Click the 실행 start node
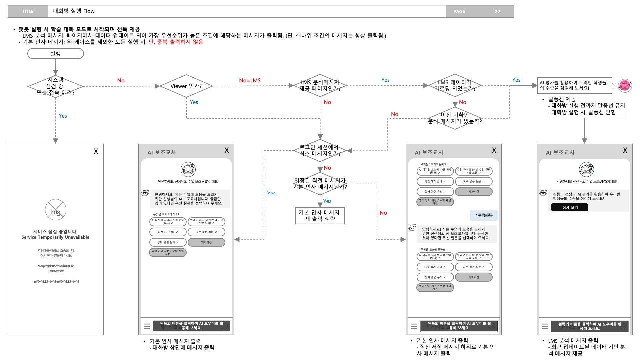tap(55, 53)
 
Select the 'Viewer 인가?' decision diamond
tap(186, 86)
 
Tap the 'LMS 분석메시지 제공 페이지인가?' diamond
tap(320, 86)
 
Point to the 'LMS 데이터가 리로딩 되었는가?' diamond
tap(455, 85)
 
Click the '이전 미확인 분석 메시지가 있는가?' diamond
tap(455, 118)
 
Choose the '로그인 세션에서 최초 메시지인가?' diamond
tap(320, 150)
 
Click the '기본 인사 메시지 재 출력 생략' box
tap(320, 216)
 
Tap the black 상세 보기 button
tap(570, 207)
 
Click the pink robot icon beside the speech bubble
tap(625, 86)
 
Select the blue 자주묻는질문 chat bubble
tap(484, 215)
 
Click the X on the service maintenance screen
tap(96, 151)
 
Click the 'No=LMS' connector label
tap(250, 80)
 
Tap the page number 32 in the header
tap(497, 11)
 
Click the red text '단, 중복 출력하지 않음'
tap(176, 42)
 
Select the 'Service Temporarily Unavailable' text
tap(55, 237)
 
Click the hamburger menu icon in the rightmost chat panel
tap(545, 326)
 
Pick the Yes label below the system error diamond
tap(63, 116)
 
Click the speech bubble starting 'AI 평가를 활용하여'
tap(575, 85)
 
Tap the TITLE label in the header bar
tap(27, 11)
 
